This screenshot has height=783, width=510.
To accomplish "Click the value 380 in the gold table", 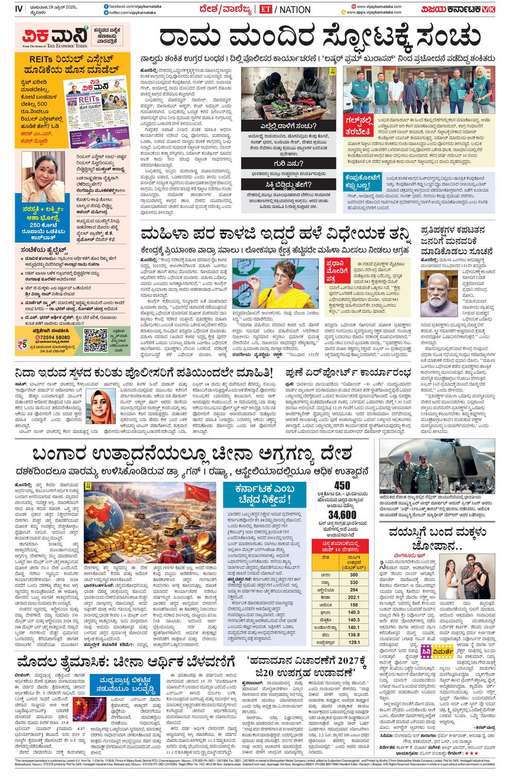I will [x=353, y=575].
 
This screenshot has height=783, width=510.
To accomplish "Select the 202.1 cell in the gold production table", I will [x=353, y=597].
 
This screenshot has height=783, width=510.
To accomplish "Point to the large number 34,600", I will [x=342, y=515].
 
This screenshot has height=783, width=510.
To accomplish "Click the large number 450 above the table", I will [x=342, y=485].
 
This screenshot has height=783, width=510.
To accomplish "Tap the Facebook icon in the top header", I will [x=106, y=5].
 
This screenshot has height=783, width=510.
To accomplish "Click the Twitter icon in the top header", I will [x=106, y=12].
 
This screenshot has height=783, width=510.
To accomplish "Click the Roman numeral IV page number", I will [x=19, y=9].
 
